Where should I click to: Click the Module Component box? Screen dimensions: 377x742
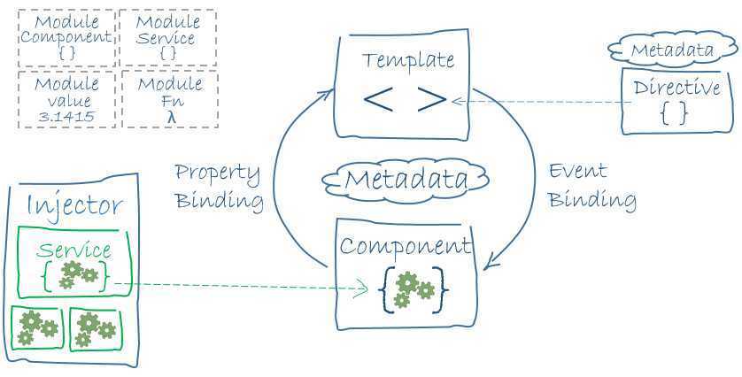click(x=66, y=38)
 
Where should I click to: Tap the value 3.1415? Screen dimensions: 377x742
click(x=66, y=116)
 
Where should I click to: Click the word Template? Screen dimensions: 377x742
click(x=408, y=61)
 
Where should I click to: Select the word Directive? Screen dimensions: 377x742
click(x=676, y=88)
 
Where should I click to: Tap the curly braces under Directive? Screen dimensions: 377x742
click(x=674, y=112)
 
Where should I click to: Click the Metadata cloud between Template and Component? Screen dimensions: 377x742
click(x=406, y=180)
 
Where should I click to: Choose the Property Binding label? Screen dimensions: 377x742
click(x=219, y=186)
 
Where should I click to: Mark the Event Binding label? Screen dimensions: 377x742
click(x=591, y=185)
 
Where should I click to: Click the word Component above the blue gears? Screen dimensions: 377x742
click(x=406, y=245)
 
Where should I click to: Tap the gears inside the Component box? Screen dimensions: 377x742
click(x=413, y=289)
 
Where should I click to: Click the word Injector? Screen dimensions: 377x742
click(x=74, y=206)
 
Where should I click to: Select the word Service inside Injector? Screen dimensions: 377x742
click(x=74, y=250)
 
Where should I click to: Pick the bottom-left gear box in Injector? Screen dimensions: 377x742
click(x=35, y=327)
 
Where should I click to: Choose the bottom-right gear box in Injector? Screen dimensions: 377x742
click(x=96, y=327)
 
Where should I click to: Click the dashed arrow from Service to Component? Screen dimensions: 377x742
click(x=239, y=286)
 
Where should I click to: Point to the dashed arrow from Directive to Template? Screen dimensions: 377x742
click(x=540, y=102)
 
